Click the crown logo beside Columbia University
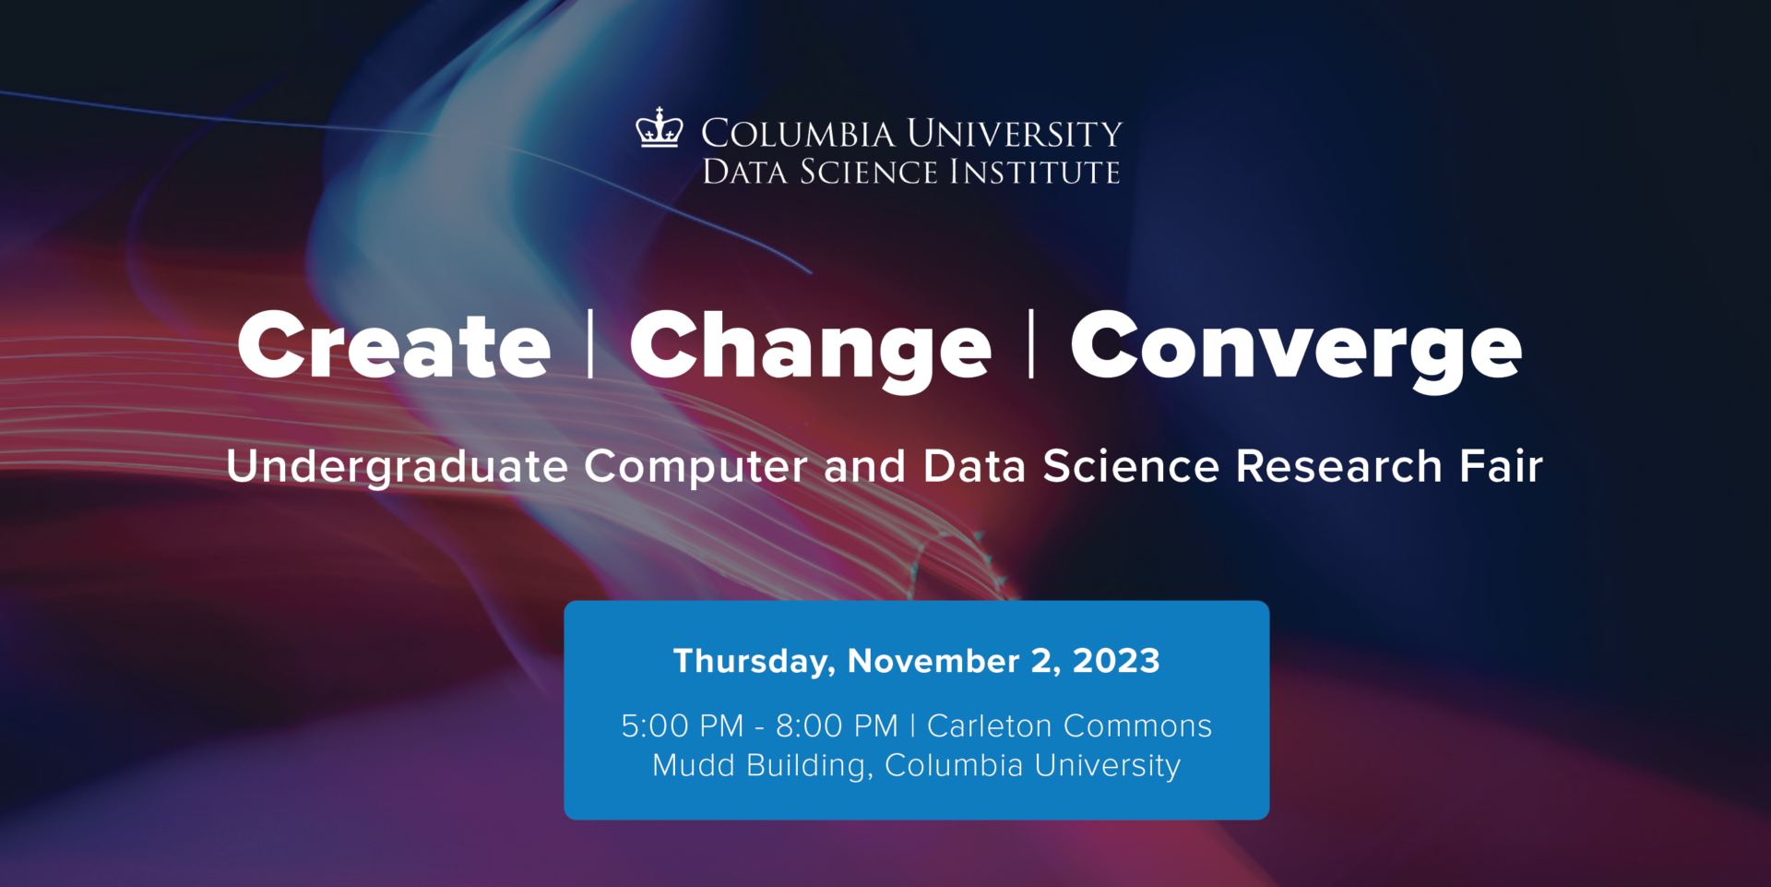point(659,128)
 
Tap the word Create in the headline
point(394,345)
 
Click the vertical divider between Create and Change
point(590,344)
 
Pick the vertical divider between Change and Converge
point(1031,344)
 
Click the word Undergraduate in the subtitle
point(397,466)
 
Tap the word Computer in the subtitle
point(695,466)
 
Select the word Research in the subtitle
point(1338,465)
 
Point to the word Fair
point(1501,465)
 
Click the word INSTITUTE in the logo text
point(1035,172)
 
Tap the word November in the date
point(933,661)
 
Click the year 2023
point(1116,661)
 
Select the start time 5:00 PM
point(682,726)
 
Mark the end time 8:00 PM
point(837,726)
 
